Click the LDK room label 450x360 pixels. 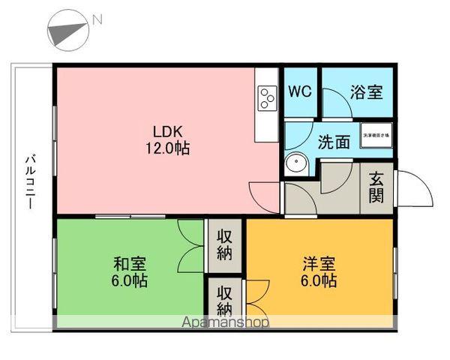(x=167, y=127)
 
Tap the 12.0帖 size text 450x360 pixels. (x=167, y=148)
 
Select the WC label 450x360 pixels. (x=301, y=92)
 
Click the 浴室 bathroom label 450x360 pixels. (x=367, y=93)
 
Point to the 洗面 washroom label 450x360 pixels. (x=333, y=142)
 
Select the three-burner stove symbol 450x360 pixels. (x=268, y=97)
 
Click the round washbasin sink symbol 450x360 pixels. (x=295, y=164)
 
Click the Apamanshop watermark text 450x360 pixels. (x=226, y=322)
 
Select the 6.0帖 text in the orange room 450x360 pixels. (x=319, y=282)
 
